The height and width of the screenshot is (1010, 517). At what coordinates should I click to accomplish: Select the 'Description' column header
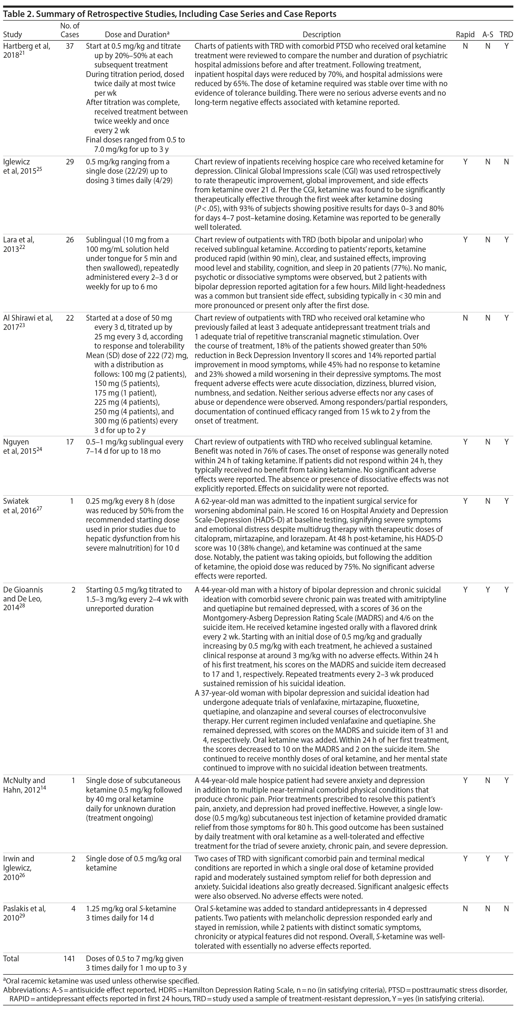click(321, 34)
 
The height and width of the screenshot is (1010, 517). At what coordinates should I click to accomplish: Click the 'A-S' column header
click(488, 34)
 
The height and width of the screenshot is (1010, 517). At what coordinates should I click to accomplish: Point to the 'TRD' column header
click(506, 34)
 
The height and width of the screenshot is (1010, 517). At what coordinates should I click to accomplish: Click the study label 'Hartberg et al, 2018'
click(27, 50)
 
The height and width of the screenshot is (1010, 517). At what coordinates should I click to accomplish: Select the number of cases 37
click(70, 46)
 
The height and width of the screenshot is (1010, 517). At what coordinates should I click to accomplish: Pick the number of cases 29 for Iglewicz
click(70, 161)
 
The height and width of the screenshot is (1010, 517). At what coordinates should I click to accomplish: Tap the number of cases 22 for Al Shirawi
click(70, 318)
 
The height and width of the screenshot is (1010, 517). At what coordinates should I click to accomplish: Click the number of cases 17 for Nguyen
click(70, 442)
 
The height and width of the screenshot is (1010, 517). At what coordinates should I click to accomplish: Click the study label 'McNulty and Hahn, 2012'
click(24, 785)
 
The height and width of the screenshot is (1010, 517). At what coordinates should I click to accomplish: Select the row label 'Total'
click(11, 959)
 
